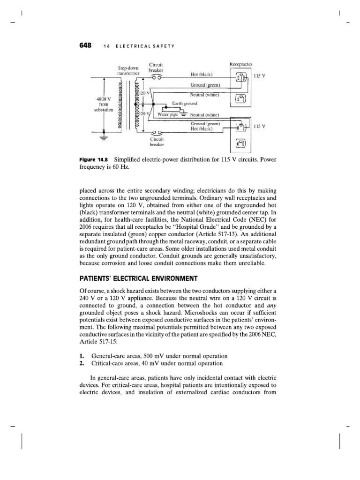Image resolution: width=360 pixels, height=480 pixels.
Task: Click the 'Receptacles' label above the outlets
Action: (241, 63)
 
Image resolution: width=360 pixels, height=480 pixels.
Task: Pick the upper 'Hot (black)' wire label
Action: (202, 75)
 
